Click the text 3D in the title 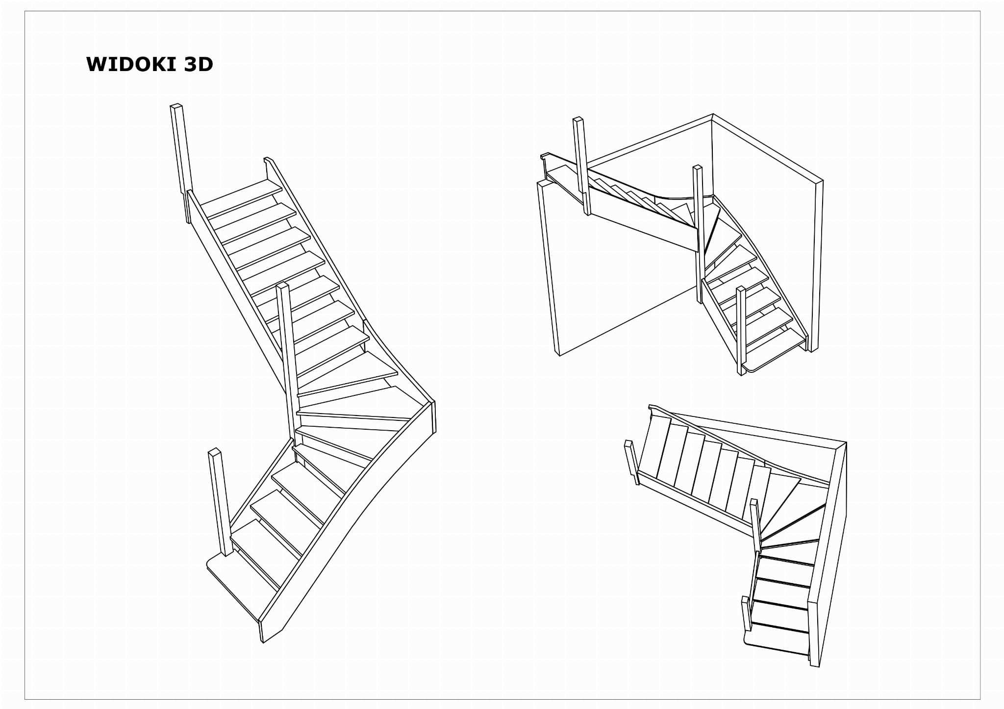(x=199, y=65)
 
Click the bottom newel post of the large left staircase (x=221, y=502)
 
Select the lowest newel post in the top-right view (x=741, y=331)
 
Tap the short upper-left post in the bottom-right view (x=631, y=462)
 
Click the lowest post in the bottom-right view (x=746, y=613)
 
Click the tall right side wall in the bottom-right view (x=828, y=554)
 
